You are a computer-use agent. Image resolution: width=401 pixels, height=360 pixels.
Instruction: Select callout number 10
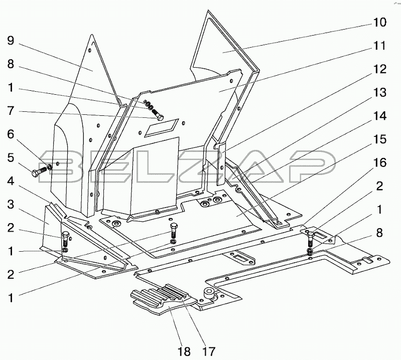(x=379, y=22)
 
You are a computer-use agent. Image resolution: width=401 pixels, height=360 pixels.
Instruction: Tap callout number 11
(x=379, y=46)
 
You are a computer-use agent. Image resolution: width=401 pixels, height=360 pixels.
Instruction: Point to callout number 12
(x=379, y=69)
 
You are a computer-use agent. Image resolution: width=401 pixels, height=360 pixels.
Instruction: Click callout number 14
(x=379, y=116)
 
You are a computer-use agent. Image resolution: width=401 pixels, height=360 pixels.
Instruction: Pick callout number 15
(x=379, y=139)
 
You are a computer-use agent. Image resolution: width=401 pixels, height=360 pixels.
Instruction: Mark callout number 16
(x=379, y=163)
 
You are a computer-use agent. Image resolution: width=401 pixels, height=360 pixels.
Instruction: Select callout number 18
(x=184, y=350)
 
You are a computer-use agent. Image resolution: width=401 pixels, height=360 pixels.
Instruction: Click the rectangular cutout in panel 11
(x=161, y=128)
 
